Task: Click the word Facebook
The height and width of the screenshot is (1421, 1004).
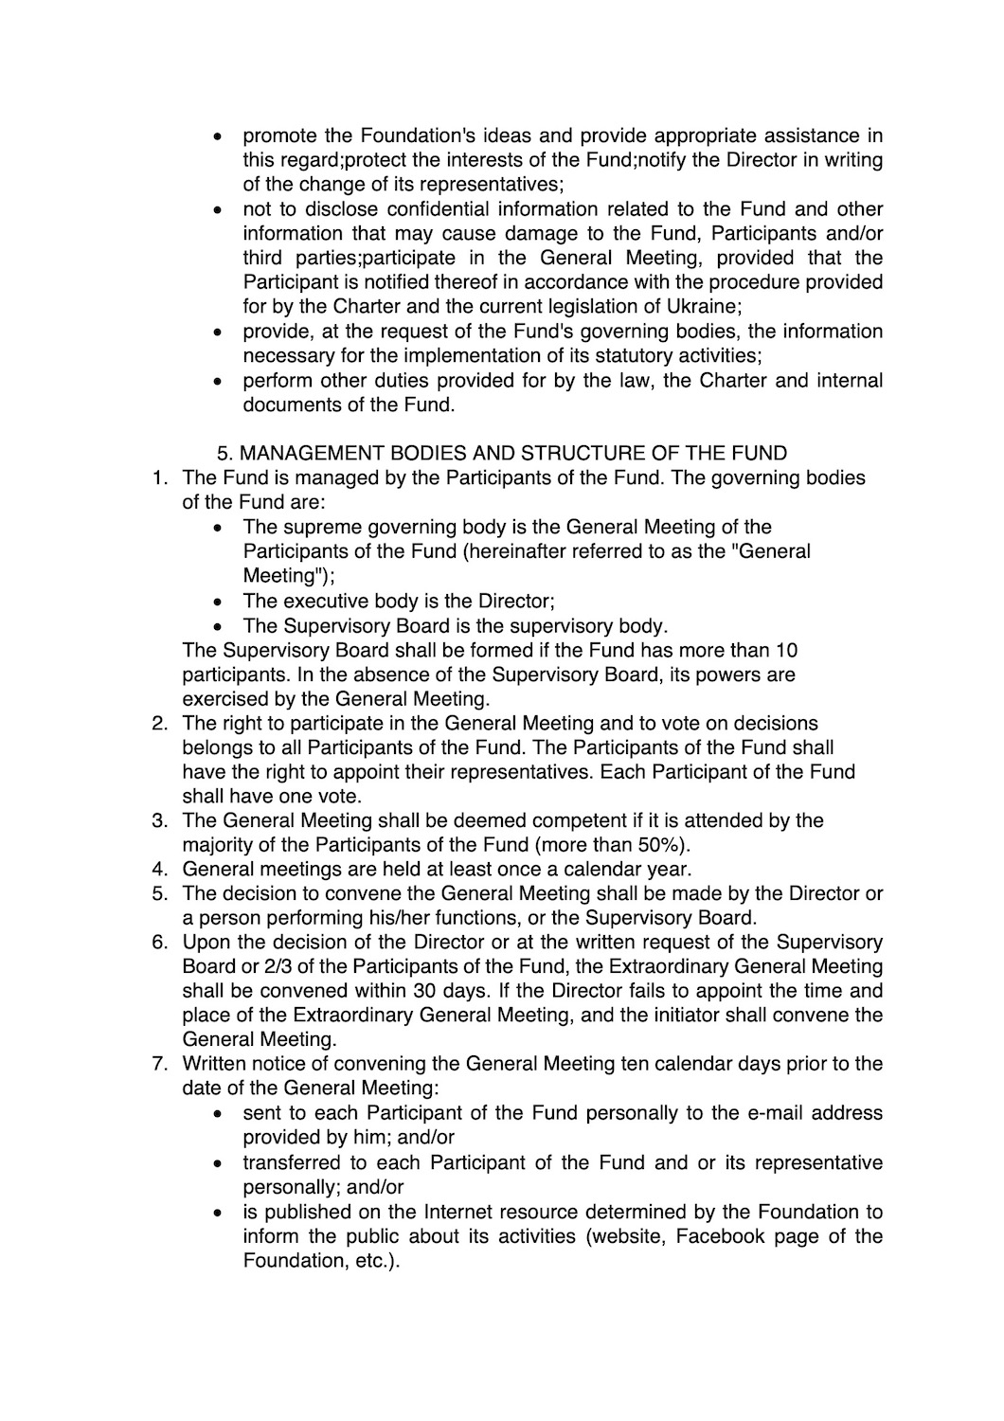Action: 719,1235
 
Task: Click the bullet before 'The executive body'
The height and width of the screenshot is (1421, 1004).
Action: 219,601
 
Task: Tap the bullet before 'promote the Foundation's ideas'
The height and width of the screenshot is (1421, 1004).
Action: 219,136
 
